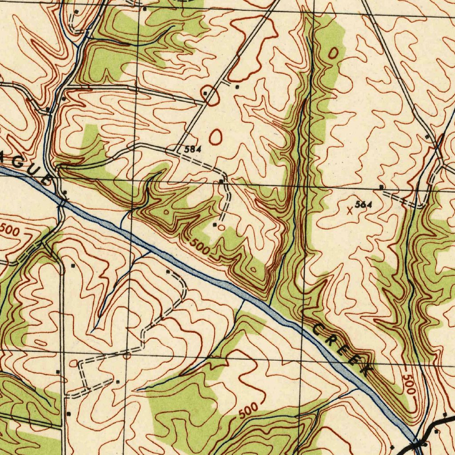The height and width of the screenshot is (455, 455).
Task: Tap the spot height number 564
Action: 363,205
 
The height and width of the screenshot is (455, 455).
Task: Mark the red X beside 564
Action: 350,212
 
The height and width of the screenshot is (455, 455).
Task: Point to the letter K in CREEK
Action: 364,368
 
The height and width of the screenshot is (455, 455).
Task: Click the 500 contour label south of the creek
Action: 248,410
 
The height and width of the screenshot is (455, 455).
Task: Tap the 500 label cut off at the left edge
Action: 9,230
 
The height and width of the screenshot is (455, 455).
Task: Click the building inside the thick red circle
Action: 206,93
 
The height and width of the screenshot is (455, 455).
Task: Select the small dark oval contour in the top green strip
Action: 333,53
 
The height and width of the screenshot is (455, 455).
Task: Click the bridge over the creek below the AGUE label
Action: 62,203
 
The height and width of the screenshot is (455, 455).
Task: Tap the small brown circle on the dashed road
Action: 127,355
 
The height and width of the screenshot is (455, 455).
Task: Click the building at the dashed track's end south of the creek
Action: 168,271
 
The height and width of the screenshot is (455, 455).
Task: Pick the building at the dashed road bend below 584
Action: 221,182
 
